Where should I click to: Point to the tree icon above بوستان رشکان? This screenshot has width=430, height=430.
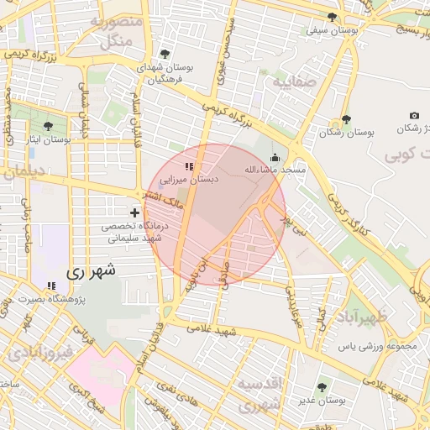coord(345,120)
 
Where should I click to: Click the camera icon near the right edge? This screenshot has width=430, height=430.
coord(414,115)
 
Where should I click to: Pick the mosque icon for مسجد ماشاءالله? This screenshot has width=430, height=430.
coord(275,157)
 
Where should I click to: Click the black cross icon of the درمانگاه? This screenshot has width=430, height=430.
coord(134,212)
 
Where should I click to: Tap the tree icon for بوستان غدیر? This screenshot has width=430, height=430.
coord(322,387)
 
